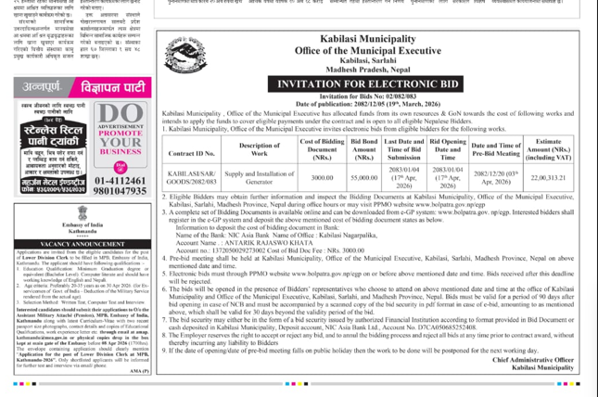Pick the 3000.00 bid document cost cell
322,177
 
